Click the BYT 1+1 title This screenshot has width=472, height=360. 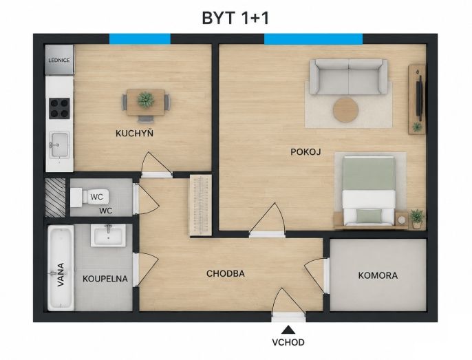[235, 18]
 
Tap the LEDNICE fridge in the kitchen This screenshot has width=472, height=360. [59, 60]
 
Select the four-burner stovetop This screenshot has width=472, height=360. [59, 108]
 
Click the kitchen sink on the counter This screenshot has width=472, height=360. [59, 145]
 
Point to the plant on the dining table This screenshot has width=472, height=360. [146, 100]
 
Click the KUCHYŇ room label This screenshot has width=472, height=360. [135, 133]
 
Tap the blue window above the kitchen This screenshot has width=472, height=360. [140, 39]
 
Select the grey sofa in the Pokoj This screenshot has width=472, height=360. [349, 76]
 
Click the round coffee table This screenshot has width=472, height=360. [346, 110]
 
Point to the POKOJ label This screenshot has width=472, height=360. [305, 152]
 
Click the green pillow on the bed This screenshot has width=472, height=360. [369, 215]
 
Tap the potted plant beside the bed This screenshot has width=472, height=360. [417, 218]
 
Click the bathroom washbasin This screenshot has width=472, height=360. [109, 235]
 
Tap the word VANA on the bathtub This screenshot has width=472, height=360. [61, 275]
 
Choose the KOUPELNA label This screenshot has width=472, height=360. [105, 279]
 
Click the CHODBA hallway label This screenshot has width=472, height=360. [226, 273]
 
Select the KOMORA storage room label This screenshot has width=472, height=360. [378, 275]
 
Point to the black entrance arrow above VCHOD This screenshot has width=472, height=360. [288, 330]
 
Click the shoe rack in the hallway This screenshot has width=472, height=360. [200, 205]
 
